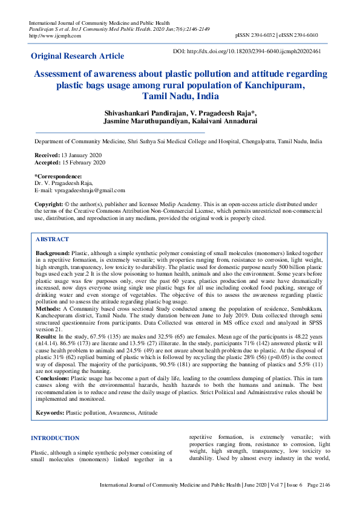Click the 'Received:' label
[47, 155]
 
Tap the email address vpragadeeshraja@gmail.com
[90, 190]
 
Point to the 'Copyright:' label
[48, 204]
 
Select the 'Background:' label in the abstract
[53, 252]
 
